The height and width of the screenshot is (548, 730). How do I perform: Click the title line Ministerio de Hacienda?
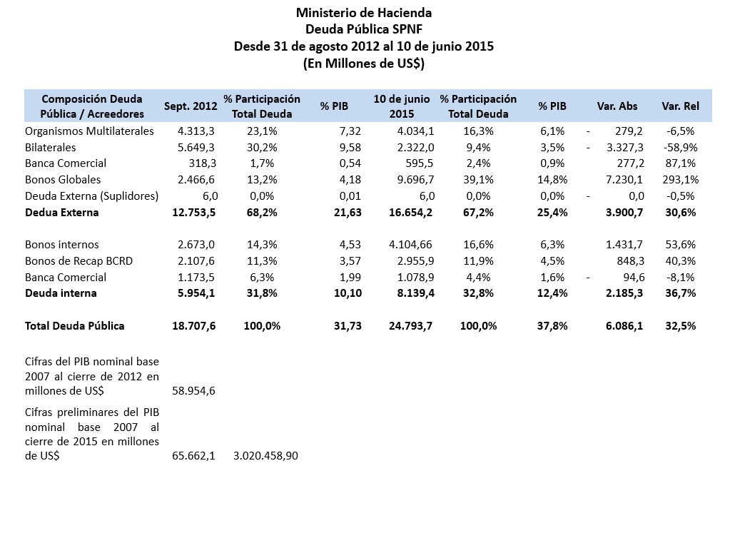(x=364, y=12)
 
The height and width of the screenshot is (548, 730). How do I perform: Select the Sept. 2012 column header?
(x=191, y=106)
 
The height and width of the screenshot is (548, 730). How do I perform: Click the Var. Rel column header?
(x=680, y=106)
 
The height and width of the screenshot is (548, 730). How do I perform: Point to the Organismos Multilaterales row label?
(x=89, y=131)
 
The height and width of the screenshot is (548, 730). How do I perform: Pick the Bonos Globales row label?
(x=63, y=180)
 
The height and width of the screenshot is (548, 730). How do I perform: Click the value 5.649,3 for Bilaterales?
(x=196, y=148)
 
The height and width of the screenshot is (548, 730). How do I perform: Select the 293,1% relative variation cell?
(x=680, y=180)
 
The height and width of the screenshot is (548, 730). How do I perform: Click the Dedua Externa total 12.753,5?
(x=193, y=213)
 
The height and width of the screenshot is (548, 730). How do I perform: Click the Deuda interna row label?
(x=61, y=293)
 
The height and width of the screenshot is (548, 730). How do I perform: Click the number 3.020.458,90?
(x=265, y=456)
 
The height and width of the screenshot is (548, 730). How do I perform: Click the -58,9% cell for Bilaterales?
(x=680, y=148)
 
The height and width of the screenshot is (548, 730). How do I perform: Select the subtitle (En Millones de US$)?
(x=364, y=64)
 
